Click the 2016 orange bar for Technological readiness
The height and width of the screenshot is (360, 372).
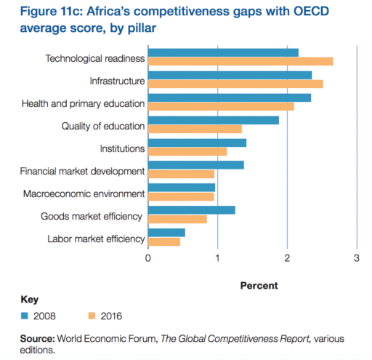[x=240, y=61]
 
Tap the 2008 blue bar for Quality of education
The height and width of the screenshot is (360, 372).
[x=214, y=120]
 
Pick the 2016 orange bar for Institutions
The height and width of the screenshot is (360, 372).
[x=187, y=151]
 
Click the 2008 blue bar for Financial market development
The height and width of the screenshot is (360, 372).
[x=196, y=165]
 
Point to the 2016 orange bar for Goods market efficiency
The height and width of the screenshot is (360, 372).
[x=177, y=219]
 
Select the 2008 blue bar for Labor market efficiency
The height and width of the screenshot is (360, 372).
[x=166, y=233]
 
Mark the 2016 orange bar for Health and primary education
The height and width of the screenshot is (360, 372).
[x=221, y=106]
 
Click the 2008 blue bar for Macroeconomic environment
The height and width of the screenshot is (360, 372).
[x=182, y=188]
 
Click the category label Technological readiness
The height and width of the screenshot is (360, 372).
[x=95, y=58]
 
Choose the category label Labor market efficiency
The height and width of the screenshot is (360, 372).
[x=97, y=239]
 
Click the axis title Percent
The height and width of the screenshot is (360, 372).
[x=258, y=285]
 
